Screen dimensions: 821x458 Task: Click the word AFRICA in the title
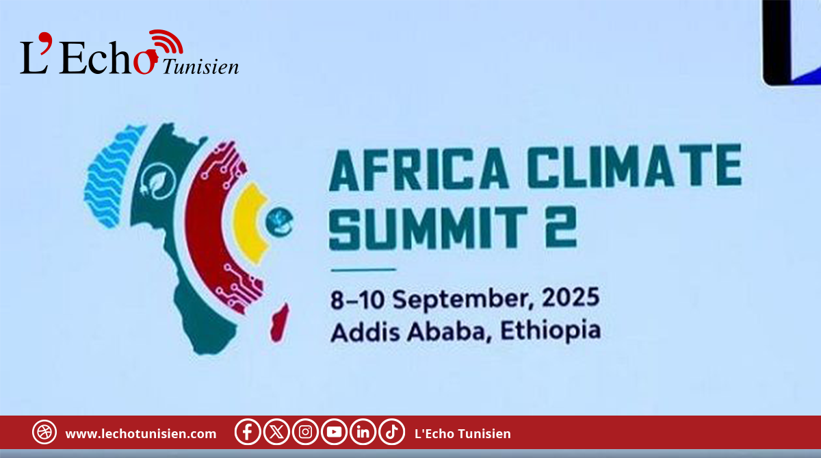pyautogui.click(x=419, y=169)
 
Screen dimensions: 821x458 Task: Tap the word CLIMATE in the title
pyautogui.click(x=635, y=166)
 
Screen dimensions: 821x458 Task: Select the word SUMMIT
pyautogui.click(x=428, y=228)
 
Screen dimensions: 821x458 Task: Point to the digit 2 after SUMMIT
pyautogui.click(x=561, y=227)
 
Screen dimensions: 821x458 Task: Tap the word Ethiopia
pyautogui.click(x=551, y=331)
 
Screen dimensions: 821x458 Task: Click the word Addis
pyautogui.click(x=365, y=332)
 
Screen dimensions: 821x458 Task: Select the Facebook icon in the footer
pyautogui.click(x=248, y=432)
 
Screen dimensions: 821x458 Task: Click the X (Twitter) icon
pyautogui.click(x=276, y=432)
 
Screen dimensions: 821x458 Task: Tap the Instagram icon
pyautogui.click(x=305, y=432)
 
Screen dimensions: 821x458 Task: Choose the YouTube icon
pyautogui.click(x=334, y=432)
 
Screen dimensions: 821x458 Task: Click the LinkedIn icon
pyautogui.click(x=363, y=432)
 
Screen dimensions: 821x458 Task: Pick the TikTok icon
pyautogui.click(x=392, y=432)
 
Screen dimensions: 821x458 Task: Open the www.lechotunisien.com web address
pyautogui.click(x=141, y=434)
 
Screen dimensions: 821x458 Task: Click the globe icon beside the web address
pyautogui.click(x=44, y=432)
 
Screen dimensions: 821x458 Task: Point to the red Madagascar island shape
pyautogui.click(x=280, y=322)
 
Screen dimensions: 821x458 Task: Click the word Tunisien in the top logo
pyautogui.click(x=200, y=67)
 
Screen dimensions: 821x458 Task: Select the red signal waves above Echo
pyautogui.click(x=167, y=41)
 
